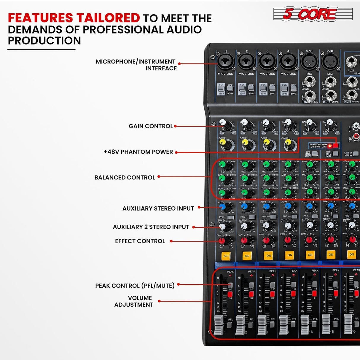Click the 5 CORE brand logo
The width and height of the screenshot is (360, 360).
point(313,14)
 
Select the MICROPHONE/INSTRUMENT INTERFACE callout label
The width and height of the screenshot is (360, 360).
point(136,65)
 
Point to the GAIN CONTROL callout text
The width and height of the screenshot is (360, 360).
point(151,126)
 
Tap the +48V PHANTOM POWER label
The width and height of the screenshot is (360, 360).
point(138,152)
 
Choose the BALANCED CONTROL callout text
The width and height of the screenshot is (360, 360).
point(125,178)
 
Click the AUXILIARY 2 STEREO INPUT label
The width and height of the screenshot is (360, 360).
point(151,227)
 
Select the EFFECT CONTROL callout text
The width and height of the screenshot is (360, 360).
point(140,241)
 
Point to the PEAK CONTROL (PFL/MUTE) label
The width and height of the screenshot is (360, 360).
point(135,286)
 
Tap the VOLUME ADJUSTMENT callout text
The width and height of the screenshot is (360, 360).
point(134,301)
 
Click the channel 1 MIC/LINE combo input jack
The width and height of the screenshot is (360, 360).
point(226,62)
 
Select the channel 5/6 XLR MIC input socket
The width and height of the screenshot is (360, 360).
point(309,62)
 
